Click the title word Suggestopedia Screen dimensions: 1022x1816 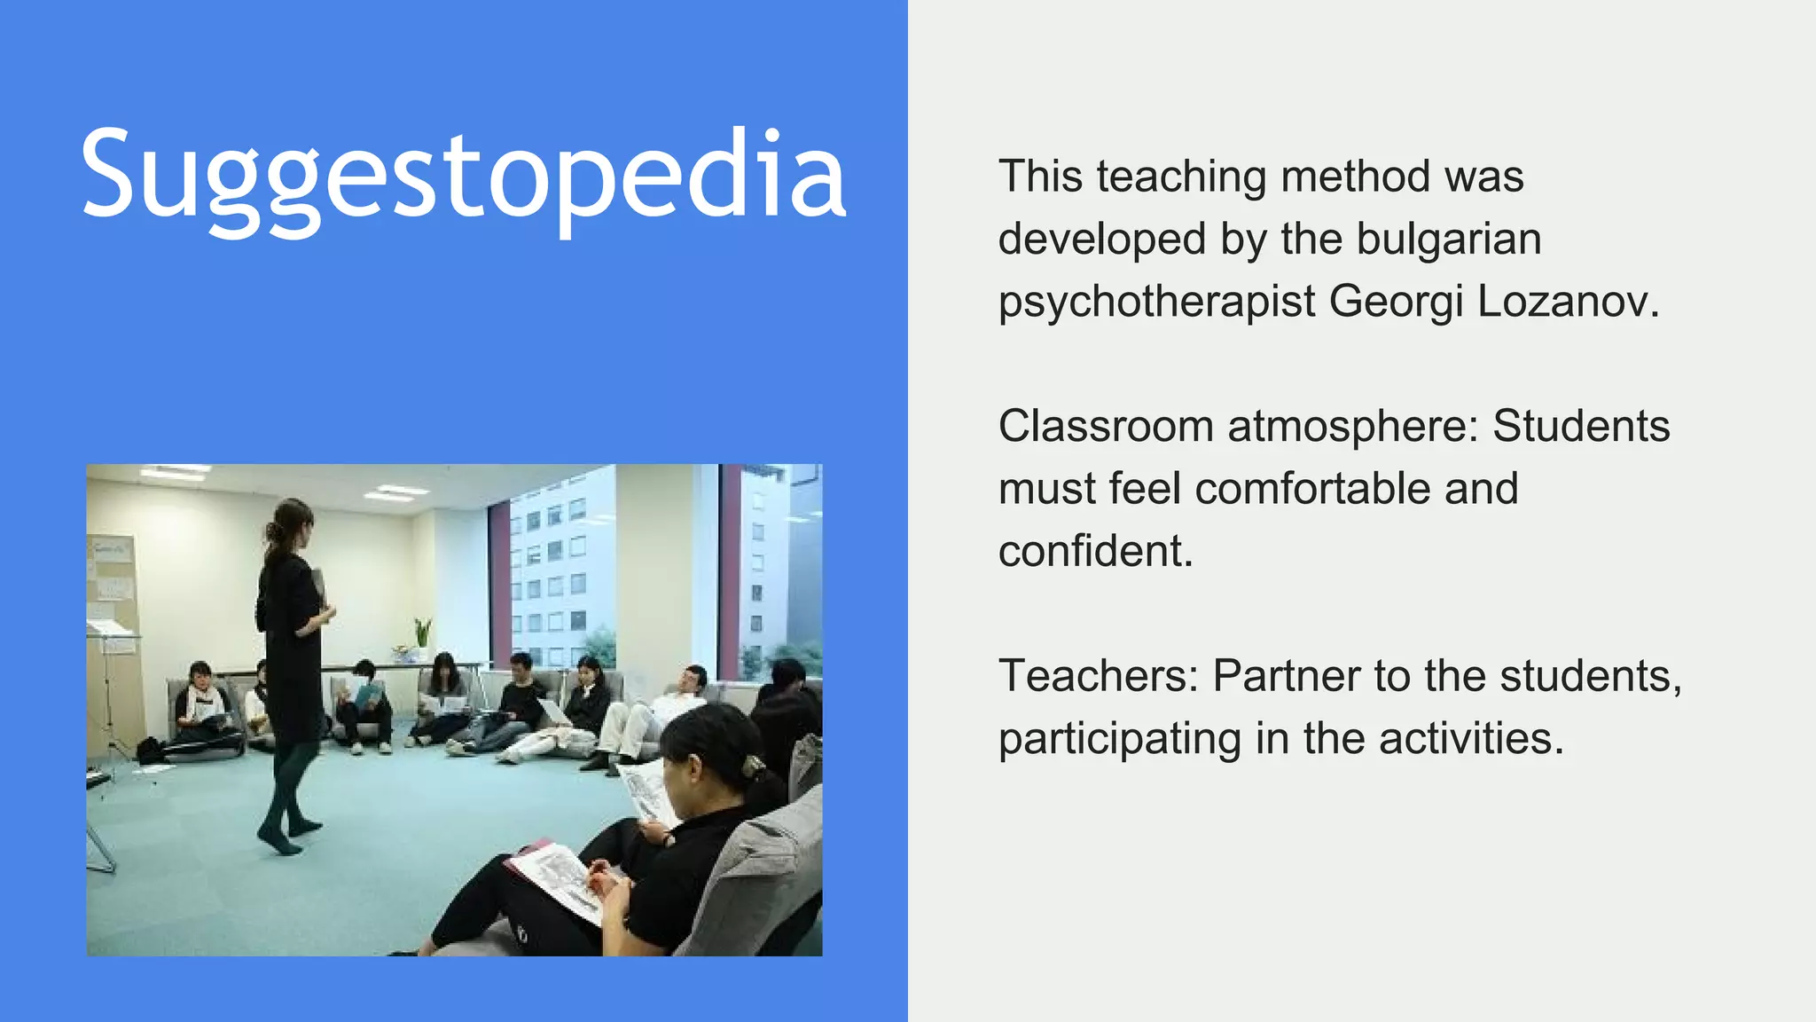463,176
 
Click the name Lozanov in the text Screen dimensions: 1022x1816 1568,301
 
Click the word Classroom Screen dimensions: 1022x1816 1105,426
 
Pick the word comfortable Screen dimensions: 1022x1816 1357,488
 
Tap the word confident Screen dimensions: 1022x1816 1096,551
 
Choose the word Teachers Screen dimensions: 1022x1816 1098,676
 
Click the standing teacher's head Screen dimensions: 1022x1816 293,523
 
